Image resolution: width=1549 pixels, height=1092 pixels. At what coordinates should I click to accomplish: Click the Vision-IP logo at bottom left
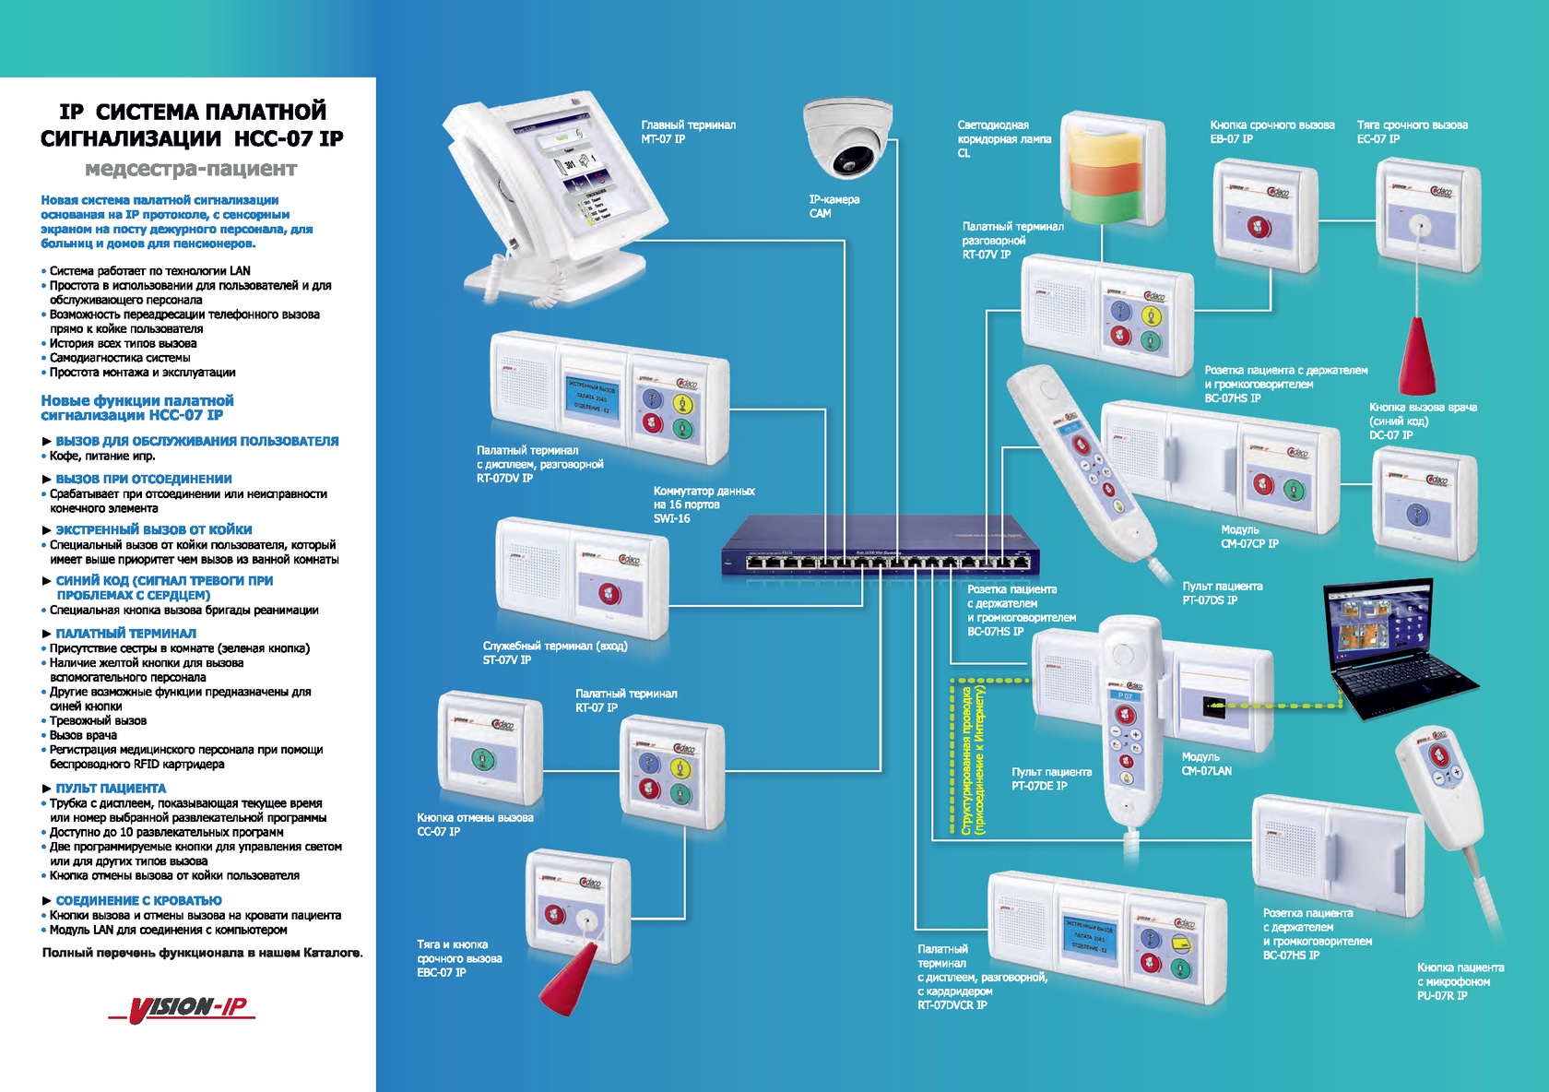[182, 1007]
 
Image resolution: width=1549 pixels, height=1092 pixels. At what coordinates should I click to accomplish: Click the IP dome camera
[848, 138]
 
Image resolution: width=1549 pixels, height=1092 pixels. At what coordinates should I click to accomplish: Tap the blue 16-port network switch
[880, 548]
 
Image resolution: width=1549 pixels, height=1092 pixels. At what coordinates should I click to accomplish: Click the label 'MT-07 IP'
[663, 139]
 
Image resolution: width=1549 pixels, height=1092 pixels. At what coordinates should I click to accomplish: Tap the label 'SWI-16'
[671, 518]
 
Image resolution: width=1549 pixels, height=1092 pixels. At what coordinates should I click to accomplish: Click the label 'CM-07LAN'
[1206, 771]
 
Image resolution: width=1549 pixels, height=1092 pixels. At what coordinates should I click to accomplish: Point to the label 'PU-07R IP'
[1442, 996]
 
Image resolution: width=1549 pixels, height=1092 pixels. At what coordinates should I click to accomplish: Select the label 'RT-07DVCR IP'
[952, 1005]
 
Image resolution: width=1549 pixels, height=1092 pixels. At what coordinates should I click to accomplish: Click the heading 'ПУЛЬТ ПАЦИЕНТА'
[111, 789]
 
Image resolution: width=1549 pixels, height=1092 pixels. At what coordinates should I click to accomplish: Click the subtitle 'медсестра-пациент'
[191, 169]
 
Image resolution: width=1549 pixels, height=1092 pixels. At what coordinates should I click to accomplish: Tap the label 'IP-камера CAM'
[834, 206]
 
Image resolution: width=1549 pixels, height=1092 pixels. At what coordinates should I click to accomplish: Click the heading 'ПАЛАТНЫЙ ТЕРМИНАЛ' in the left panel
[125, 634]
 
